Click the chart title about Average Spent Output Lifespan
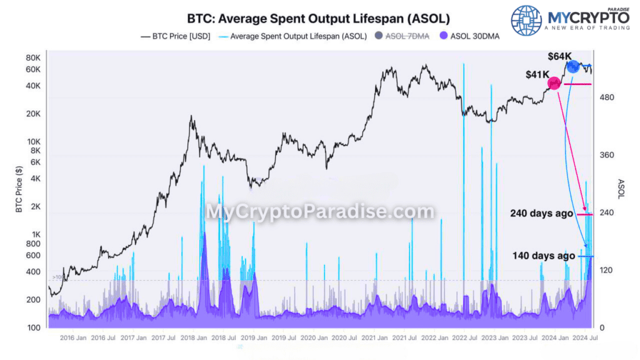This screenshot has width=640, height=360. [318, 19]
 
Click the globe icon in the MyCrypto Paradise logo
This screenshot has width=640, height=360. [526, 21]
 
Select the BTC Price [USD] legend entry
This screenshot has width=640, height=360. [177, 36]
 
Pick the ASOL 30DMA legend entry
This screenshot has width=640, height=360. [469, 36]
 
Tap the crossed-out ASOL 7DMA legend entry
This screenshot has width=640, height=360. [404, 36]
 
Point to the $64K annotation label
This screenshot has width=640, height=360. [559, 56]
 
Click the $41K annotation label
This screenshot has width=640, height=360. [537, 75]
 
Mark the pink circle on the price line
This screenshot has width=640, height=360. [554, 83]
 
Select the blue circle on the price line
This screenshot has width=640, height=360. [573, 66]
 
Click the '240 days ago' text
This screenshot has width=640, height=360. [541, 214]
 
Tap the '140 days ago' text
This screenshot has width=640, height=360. [543, 256]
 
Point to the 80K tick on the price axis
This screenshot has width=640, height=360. [32, 58]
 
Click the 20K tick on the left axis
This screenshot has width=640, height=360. [32, 114]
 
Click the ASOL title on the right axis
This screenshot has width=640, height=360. [621, 189]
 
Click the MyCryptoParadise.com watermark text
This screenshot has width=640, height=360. [320, 212]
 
